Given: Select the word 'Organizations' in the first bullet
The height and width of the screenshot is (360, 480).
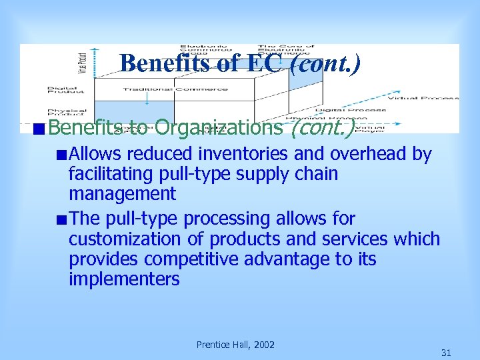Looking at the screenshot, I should (219, 127).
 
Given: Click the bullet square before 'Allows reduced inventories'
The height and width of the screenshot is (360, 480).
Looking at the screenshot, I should (61, 155).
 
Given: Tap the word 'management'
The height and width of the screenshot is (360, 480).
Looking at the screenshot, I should (122, 194).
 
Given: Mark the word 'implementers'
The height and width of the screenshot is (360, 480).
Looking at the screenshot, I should (124, 279).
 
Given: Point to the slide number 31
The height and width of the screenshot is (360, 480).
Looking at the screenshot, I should (446, 352).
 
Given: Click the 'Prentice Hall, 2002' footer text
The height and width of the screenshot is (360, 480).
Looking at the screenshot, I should (235, 345).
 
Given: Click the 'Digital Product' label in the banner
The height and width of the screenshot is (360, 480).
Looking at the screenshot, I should (67, 90).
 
